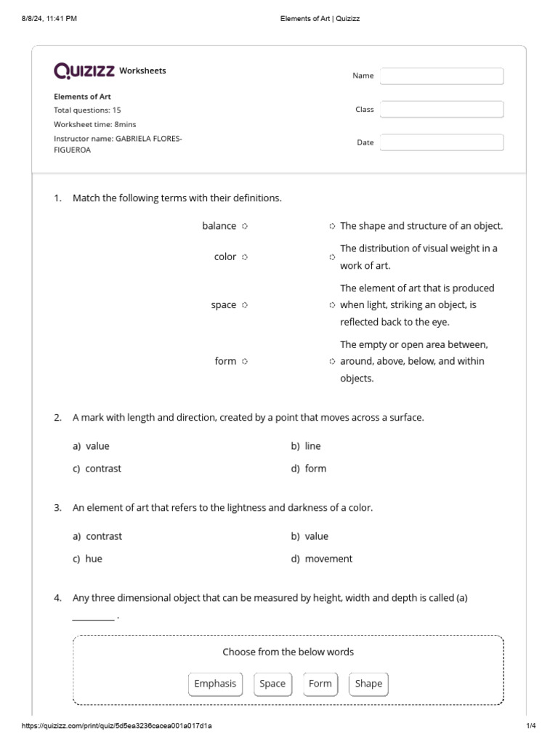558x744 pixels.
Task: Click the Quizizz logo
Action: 84,70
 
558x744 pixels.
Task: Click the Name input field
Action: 442,76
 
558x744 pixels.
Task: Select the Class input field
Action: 442,110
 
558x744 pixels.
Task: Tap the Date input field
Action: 442,142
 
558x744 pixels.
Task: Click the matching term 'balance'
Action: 219,226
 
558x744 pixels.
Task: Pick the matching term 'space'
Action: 223,305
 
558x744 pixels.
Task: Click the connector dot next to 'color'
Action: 245,257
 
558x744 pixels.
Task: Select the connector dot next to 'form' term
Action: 245,362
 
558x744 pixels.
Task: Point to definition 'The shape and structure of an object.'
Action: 421,226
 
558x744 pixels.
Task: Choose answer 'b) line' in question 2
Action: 306,446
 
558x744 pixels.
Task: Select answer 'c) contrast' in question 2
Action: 97,469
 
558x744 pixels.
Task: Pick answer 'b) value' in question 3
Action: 310,536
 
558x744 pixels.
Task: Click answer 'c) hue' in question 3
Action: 87,559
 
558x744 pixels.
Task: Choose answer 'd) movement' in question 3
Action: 321,559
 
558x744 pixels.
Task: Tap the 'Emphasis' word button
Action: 215,684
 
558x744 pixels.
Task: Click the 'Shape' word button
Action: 368,684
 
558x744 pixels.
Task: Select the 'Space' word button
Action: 272,684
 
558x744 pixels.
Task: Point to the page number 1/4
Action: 530,726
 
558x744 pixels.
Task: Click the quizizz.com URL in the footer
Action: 117,726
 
